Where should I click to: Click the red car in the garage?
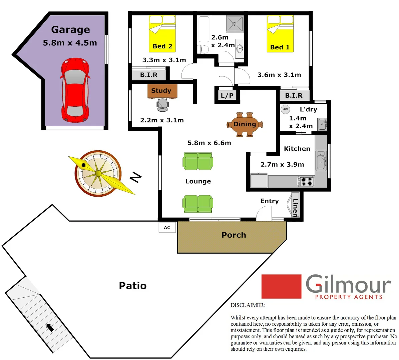75,90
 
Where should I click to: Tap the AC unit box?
167,227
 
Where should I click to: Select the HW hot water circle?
285,109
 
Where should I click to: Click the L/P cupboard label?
227,96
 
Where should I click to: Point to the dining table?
245,124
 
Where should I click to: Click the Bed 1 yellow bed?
280,34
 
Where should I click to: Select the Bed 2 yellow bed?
162,34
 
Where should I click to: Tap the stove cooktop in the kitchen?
306,181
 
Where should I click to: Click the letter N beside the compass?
135,178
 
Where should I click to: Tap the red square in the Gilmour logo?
281,286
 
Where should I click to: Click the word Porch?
234,235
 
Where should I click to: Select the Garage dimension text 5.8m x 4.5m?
70,43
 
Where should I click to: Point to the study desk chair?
163,105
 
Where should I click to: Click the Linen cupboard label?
295,208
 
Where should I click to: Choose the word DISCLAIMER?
248,305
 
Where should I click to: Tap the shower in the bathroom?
235,23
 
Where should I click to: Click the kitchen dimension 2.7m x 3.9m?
282,164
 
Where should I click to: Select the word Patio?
133,286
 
